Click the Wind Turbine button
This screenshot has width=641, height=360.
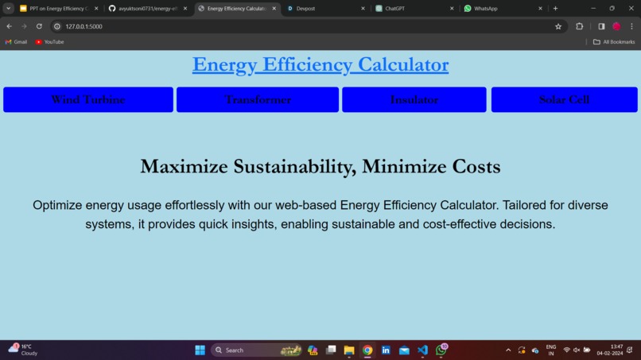[x=88, y=99]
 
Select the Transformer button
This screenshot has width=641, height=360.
[x=258, y=99]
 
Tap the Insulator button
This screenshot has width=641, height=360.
[x=414, y=99]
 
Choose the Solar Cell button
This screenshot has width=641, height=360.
[x=564, y=99]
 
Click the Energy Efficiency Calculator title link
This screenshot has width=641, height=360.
[x=320, y=64]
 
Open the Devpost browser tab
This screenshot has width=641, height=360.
[x=322, y=9]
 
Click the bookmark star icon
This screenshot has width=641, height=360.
[x=558, y=26]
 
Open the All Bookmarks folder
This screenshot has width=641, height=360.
[x=614, y=42]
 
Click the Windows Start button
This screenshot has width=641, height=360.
[x=200, y=350]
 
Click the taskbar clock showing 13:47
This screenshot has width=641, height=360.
[x=616, y=350]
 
